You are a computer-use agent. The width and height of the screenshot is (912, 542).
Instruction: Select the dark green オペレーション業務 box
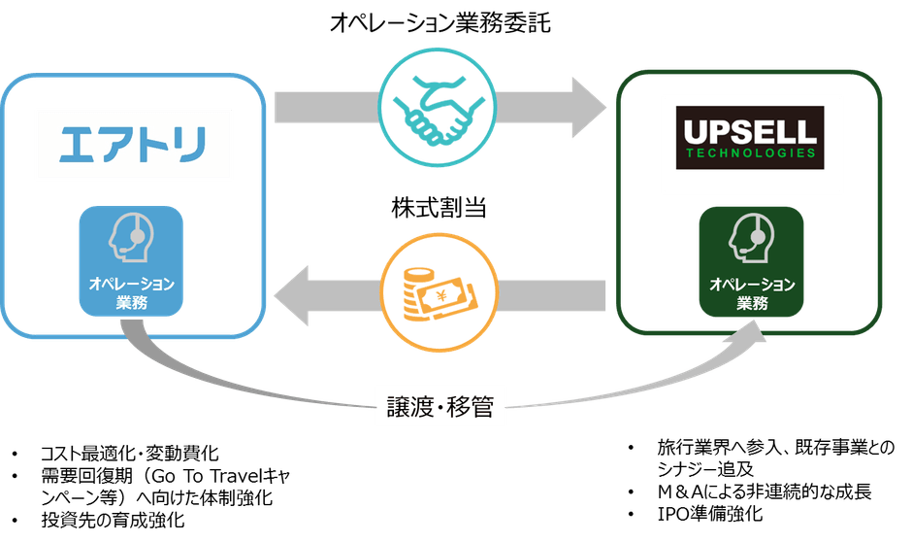coord(753,262)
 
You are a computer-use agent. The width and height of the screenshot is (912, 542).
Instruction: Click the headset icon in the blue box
coord(130,234)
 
